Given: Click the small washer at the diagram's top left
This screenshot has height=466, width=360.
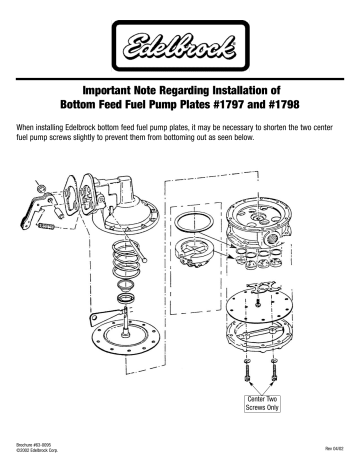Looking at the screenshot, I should click(x=38, y=185).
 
